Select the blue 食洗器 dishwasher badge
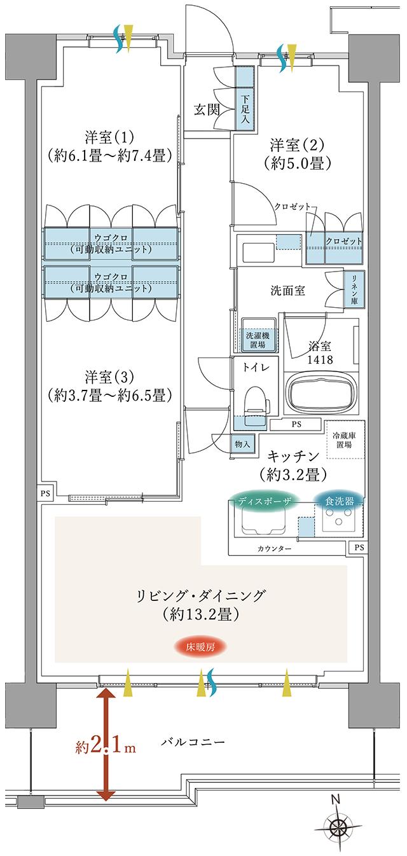pos(339,500)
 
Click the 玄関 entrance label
pos(207,109)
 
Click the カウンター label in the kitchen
pos(275,548)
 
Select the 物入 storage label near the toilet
pos(241,443)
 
